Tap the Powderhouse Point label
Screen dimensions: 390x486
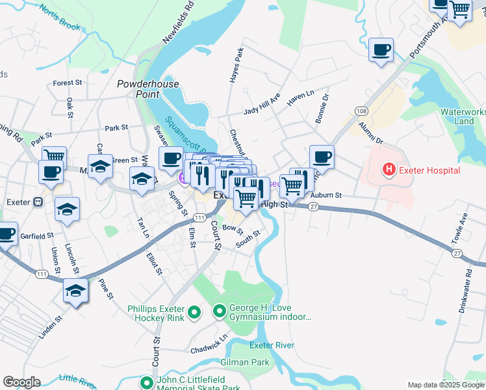click(138, 89)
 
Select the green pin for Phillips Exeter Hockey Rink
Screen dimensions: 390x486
click(193, 314)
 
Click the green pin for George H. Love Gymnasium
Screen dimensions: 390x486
click(218, 314)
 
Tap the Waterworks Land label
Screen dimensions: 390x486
click(463, 116)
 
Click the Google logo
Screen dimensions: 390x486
click(21, 382)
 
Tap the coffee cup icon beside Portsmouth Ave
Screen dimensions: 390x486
click(381, 49)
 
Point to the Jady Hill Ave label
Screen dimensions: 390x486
click(262, 105)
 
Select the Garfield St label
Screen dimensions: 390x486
click(36, 236)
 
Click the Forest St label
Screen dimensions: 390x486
click(68, 83)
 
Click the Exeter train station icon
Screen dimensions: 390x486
click(38, 202)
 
